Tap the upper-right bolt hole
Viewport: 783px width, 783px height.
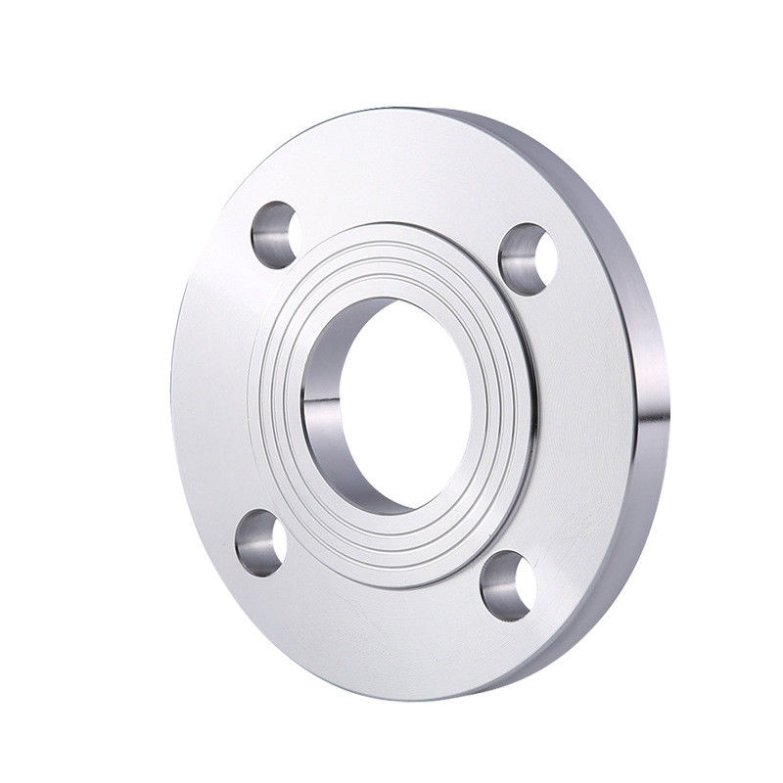click(x=528, y=258)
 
